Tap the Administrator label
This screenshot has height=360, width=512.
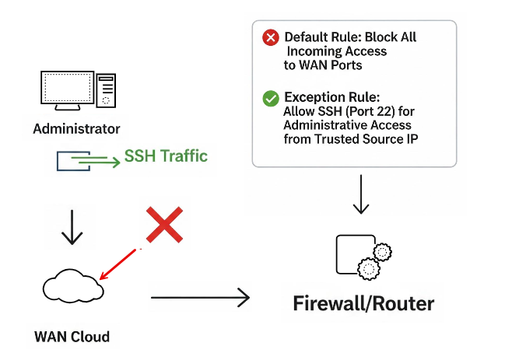coord(76,128)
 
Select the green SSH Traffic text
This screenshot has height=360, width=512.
coord(166,156)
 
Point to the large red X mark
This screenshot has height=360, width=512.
coord(165,225)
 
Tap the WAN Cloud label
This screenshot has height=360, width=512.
coord(72,337)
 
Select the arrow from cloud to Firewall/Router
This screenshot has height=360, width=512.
coord(200,297)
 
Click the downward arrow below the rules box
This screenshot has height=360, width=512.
coord(359,195)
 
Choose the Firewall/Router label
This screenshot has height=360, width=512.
coord(363,302)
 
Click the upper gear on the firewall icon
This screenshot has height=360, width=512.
coord(382,252)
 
